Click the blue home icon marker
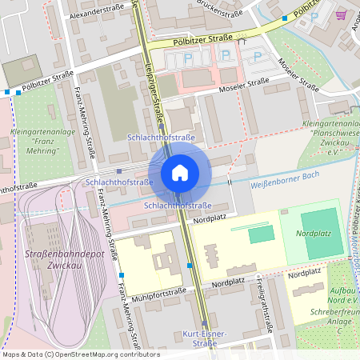(x=180, y=172)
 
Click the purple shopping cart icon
(x=342, y=14)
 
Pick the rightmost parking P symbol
(x=257, y=57)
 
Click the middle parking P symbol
(x=226, y=55)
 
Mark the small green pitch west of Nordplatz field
(x=260, y=234)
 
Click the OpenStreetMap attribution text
(x=80, y=354)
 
